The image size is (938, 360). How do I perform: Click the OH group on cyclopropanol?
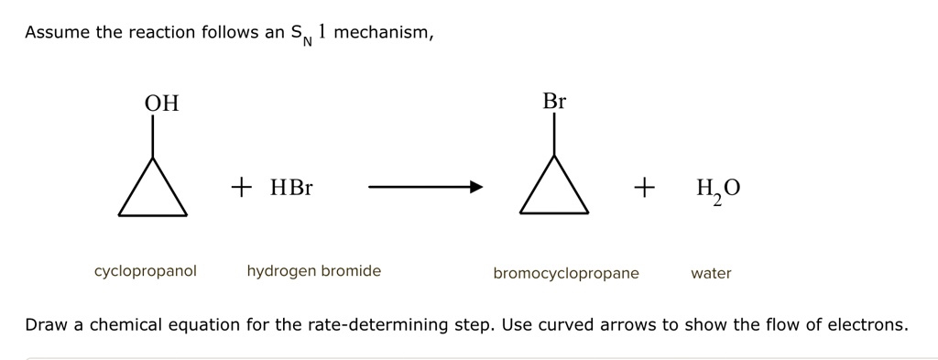click(x=161, y=104)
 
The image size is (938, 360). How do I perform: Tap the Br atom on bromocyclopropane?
click(x=554, y=102)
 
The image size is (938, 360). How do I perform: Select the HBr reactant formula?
click(x=291, y=189)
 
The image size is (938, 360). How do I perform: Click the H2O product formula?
click(x=718, y=190)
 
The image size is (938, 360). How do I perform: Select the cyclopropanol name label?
click(x=145, y=271)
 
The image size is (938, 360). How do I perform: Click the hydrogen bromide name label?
click(x=313, y=271)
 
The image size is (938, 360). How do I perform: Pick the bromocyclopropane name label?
click(x=566, y=273)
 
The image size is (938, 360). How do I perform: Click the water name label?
click(x=711, y=273)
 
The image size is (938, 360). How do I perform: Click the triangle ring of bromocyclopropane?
click(x=553, y=192)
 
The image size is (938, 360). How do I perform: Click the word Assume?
click(x=57, y=33)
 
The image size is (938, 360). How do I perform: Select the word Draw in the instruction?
click(x=44, y=325)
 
